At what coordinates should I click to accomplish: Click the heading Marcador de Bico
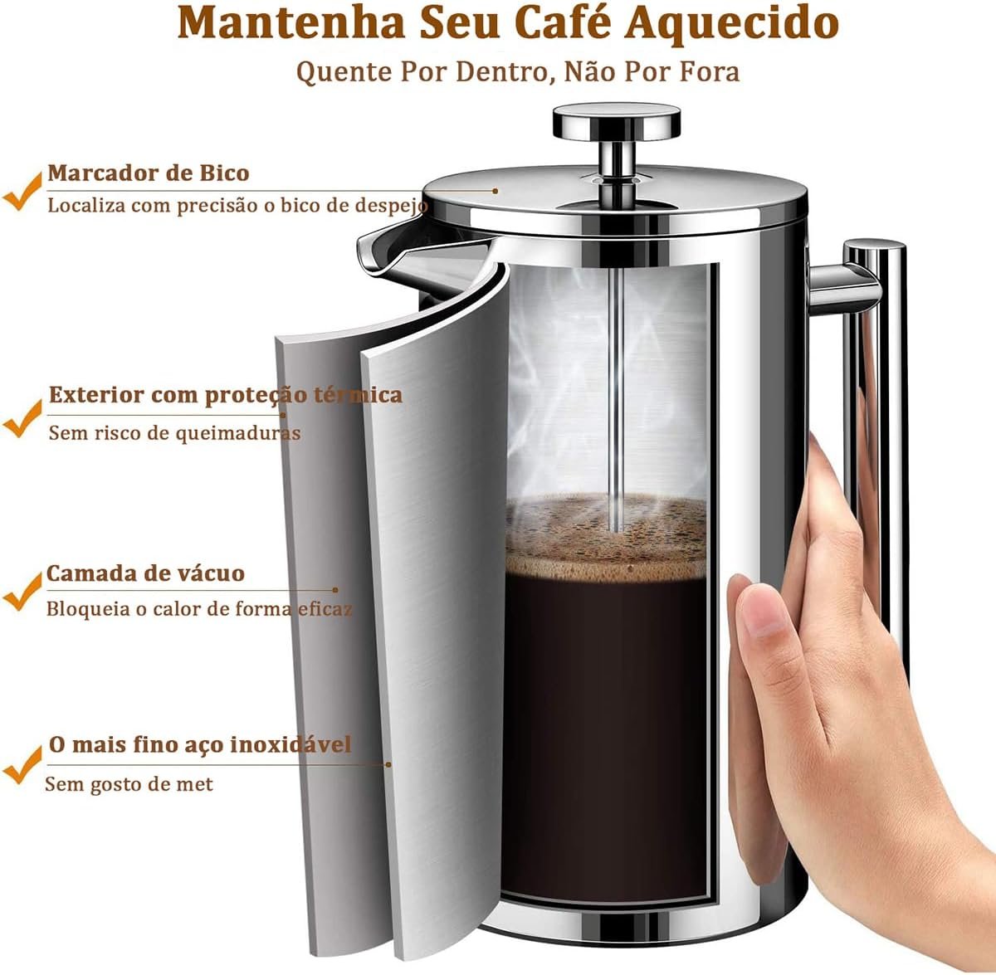tap(149, 173)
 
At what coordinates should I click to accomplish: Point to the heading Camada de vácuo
tap(145, 573)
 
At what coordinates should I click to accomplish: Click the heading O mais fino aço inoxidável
tap(200, 744)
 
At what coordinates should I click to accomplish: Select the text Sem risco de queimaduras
tap(174, 432)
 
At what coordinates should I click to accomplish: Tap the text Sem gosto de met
tap(129, 784)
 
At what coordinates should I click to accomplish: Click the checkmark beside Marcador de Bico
tap(22, 193)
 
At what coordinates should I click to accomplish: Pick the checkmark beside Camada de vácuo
tap(22, 592)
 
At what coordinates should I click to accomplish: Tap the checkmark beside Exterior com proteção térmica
tap(22, 419)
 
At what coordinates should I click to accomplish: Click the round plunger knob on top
tap(617, 122)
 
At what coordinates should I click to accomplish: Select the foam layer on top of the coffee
tap(606, 538)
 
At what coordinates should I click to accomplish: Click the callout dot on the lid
tap(496, 191)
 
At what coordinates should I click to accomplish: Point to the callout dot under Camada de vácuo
tap(335, 590)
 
